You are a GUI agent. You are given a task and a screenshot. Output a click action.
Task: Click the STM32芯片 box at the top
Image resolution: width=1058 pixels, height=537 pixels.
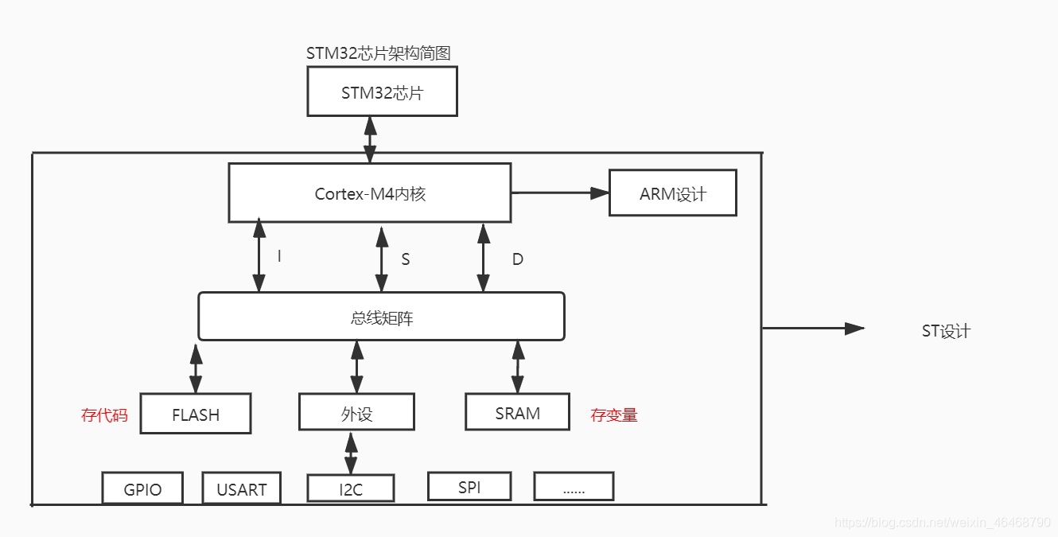[382, 91]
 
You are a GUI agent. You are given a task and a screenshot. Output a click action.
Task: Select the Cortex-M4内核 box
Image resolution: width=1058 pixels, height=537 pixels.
[370, 193]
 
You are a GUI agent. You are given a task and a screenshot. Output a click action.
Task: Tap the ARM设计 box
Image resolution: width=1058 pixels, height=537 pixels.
[673, 193]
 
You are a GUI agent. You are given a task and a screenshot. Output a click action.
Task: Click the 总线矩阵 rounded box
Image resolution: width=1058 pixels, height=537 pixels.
[382, 316]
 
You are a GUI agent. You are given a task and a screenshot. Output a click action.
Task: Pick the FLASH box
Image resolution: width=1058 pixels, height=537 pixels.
[196, 413]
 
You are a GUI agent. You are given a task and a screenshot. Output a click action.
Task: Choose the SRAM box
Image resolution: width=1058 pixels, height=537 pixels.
[517, 412]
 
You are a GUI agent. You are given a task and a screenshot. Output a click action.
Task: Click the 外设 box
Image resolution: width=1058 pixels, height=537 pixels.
[356, 412]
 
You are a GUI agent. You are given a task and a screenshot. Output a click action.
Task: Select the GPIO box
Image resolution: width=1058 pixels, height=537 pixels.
[142, 488]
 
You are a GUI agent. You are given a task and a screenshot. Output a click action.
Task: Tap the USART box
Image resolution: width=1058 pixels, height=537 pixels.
[241, 488]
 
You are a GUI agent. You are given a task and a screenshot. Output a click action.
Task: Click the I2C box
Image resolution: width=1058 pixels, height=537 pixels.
[351, 488]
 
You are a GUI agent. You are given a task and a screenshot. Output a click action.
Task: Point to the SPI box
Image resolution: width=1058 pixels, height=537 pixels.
[469, 486]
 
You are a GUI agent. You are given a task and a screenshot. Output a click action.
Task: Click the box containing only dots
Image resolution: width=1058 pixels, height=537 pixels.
[574, 486]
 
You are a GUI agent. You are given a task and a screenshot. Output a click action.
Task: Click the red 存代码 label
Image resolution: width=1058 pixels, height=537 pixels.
[104, 414]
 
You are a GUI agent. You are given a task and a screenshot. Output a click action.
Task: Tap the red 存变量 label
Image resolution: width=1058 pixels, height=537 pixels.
[613, 414]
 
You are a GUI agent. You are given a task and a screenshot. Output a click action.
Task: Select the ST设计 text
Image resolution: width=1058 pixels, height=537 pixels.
[946, 331]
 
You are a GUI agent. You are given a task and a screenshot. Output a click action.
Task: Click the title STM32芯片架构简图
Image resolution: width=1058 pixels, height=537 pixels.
[379, 53]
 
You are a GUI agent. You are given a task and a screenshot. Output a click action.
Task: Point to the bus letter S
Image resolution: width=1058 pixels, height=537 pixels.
[405, 259]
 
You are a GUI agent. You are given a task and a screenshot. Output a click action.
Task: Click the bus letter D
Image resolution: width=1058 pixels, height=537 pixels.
[518, 259]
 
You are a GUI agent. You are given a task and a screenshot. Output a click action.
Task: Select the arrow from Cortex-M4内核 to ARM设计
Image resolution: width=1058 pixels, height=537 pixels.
[560, 193]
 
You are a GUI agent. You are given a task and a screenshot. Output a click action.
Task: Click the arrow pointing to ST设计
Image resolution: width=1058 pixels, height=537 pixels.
[813, 329]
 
